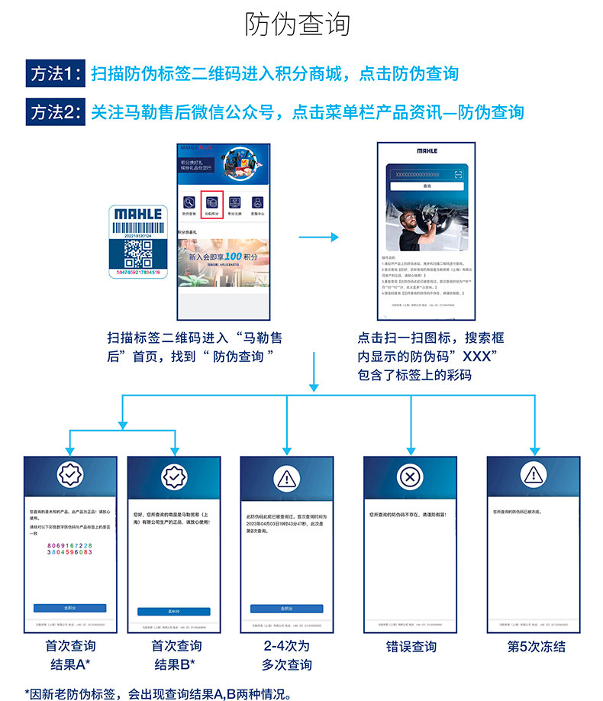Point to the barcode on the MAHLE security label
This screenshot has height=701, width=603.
tap(137, 227)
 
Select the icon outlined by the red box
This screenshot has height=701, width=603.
tap(211, 204)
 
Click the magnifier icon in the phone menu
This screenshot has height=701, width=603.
tap(188, 203)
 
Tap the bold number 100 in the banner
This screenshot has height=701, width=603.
tap(233, 257)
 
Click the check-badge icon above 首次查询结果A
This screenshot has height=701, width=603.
tap(70, 477)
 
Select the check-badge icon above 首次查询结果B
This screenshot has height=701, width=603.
tap(173, 477)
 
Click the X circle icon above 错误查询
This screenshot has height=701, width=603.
tap(411, 477)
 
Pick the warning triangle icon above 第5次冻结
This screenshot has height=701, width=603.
tap(533, 477)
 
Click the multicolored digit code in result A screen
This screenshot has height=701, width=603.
tap(70, 551)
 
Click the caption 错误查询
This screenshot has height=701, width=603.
tap(411, 647)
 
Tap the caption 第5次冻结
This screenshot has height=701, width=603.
tap(537, 647)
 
